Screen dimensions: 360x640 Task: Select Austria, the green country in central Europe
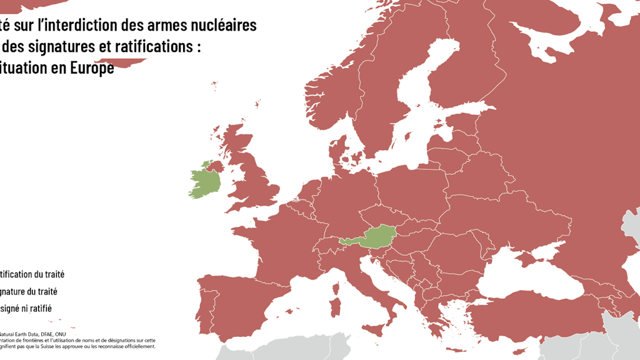378,236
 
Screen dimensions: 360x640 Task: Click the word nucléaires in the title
222,25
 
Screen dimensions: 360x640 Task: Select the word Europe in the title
93,67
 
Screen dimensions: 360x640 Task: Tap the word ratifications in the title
156,46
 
